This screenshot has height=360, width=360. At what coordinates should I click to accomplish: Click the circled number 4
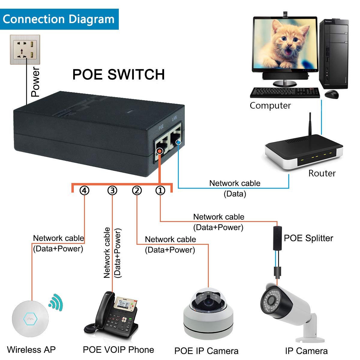tap(84, 190)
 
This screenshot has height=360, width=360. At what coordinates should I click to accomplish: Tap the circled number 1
tap(160, 190)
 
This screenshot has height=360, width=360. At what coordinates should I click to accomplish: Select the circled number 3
tap(112, 190)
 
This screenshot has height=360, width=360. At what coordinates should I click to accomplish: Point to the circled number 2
tap(137, 190)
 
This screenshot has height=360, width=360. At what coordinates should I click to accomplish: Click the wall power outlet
tap(25, 49)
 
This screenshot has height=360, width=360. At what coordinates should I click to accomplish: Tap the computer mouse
tap(332, 94)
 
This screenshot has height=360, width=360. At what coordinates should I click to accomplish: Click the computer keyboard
tap(285, 92)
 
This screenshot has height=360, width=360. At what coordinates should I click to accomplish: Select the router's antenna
tap(311, 126)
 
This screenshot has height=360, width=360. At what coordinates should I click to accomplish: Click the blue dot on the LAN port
tap(179, 142)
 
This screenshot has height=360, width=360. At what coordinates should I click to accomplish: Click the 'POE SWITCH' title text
tap(118, 75)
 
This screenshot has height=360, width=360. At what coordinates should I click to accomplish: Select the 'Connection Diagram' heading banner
tap(59, 19)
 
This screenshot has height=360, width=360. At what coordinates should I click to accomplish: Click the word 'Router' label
tap(322, 173)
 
